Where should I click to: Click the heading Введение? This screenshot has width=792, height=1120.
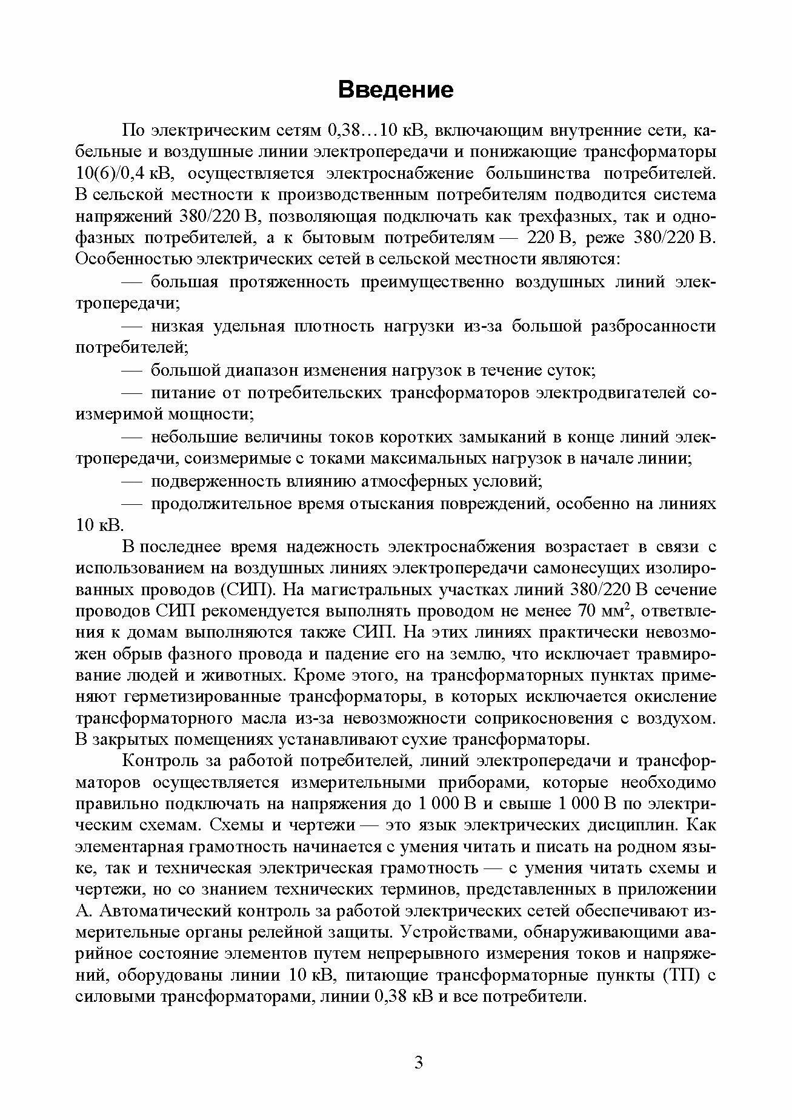(396, 90)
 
